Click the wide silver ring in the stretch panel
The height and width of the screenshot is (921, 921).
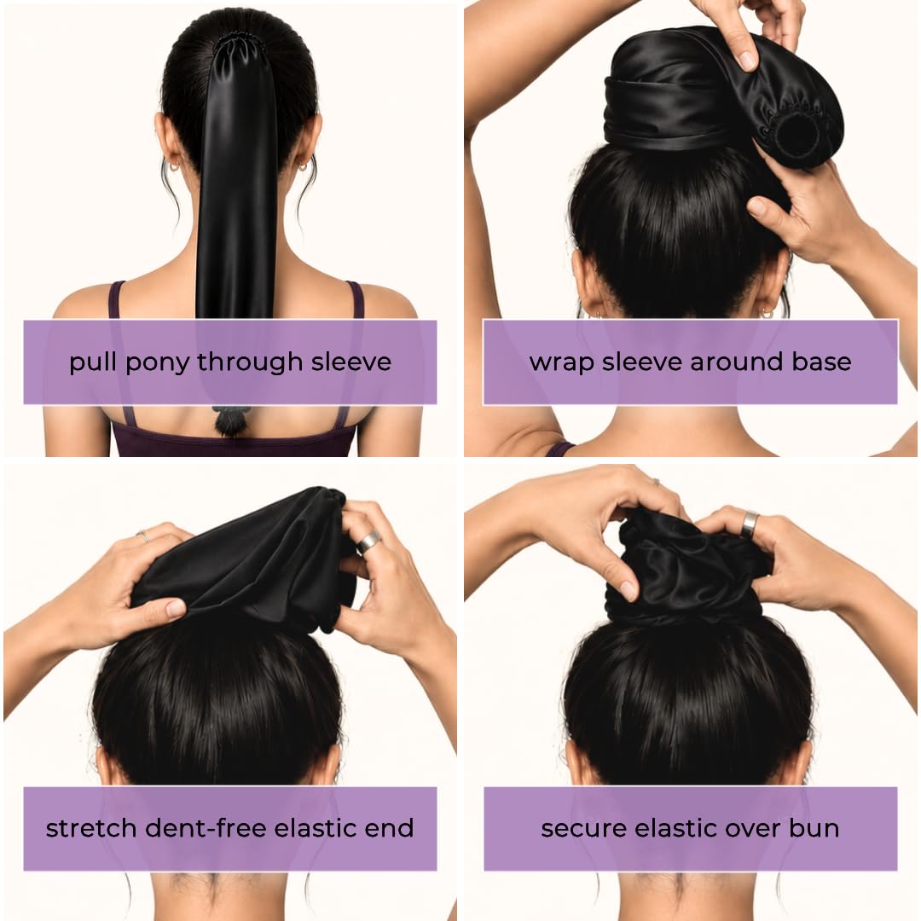(x=368, y=542)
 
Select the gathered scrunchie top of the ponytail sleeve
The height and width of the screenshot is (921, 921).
(x=240, y=43)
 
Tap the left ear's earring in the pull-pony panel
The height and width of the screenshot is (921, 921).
(x=175, y=167)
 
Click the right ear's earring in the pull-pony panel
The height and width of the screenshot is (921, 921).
(x=302, y=166)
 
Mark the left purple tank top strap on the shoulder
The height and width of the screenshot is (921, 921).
(x=116, y=299)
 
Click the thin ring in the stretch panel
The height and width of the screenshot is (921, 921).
(x=143, y=536)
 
